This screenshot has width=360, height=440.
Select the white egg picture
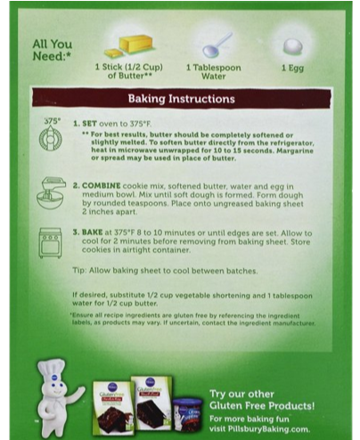click(292, 45)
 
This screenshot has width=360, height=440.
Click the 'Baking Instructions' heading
click(181, 98)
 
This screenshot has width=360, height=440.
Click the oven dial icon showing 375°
click(52, 134)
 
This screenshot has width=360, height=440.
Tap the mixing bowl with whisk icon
click(52, 189)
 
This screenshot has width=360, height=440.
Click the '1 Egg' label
click(293, 68)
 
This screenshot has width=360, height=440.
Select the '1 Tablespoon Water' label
click(213, 72)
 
